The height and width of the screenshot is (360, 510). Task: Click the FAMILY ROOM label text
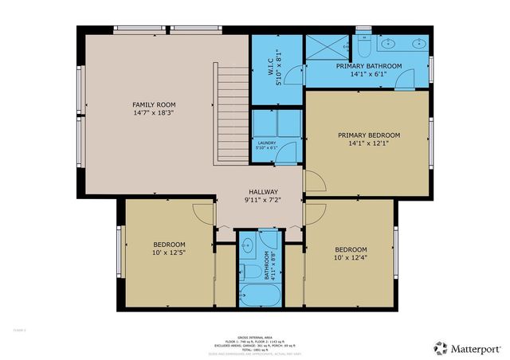pos(154,104)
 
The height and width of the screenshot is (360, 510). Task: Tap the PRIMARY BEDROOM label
pos(368,135)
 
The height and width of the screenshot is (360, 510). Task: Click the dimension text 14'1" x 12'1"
pos(368,144)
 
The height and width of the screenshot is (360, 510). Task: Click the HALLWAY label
pos(263,192)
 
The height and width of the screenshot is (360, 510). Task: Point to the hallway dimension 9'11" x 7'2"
pos(263,200)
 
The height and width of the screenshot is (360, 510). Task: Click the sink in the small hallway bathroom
pos(248,245)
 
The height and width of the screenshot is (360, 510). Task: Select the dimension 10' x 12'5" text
pos(169,253)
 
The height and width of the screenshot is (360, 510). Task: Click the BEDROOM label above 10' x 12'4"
pos(351,248)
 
